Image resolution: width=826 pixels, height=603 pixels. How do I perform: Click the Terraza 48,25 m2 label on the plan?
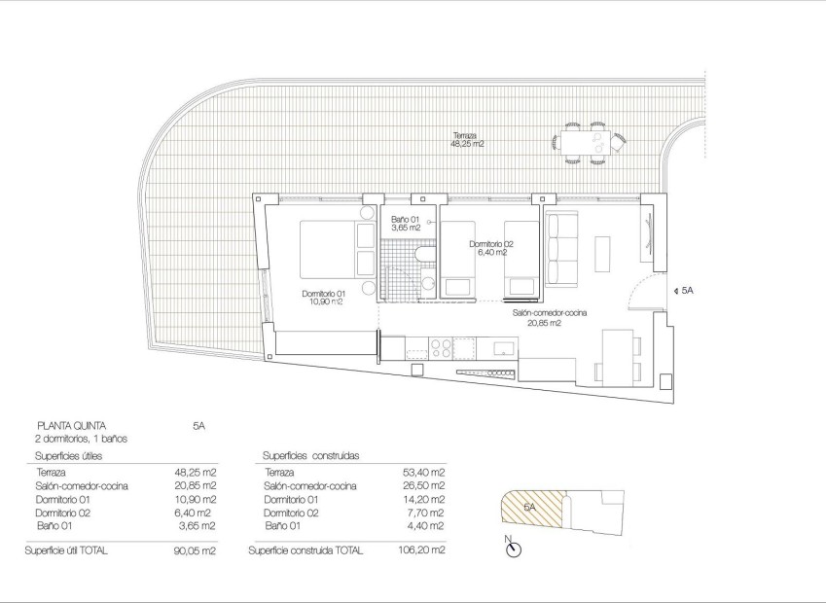pyautogui.click(x=467, y=139)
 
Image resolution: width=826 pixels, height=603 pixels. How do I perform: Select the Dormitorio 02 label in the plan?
pyautogui.click(x=490, y=248)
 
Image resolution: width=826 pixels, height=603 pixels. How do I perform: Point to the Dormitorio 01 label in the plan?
pyautogui.click(x=324, y=298)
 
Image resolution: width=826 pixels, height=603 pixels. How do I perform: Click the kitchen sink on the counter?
pyautogui.click(x=503, y=347)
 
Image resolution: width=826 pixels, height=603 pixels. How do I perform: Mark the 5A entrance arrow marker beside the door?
pyautogui.click(x=677, y=290)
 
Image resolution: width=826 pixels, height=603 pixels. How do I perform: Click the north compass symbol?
pyautogui.click(x=514, y=550)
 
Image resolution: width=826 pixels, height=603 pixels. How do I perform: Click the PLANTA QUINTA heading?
pyautogui.click(x=70, y=425)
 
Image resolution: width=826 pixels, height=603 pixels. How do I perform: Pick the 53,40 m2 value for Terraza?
pyautogui.click(x=426, y=472)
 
